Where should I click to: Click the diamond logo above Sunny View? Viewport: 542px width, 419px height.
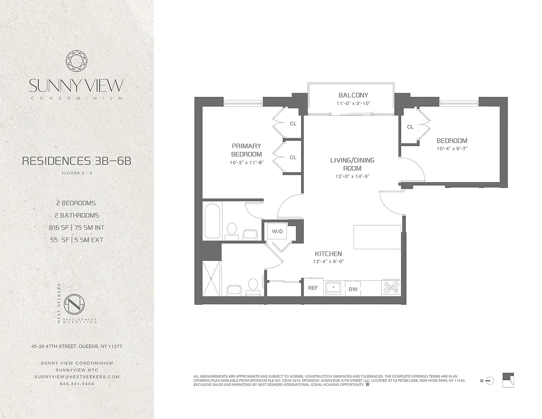(76, 60)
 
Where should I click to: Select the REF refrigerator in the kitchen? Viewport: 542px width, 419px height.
(313, 288)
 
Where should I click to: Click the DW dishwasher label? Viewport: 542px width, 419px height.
(353, 289)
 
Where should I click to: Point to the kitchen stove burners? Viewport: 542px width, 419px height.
(391, 288)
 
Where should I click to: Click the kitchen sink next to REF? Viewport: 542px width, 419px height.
(333, 288)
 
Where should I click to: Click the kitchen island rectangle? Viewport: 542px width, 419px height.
(378, 237)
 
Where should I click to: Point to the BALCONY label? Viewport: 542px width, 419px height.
(353, 95)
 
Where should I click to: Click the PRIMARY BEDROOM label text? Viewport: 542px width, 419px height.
(246, 150)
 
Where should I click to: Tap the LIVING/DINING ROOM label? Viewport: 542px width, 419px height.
(352, 164)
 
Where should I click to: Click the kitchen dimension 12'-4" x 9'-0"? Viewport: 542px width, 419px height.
(328, 261)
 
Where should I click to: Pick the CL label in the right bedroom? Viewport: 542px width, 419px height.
(410, 127)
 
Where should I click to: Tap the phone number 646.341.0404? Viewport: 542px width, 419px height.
(77, 383)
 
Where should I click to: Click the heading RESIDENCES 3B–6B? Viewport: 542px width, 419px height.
(76, 161)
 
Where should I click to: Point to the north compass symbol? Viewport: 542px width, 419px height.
(490, 380)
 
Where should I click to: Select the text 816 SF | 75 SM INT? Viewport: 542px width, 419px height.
(77, 228)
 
